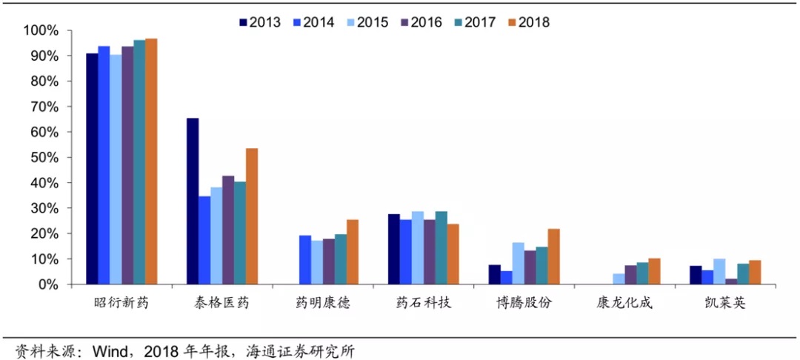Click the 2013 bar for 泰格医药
click(193, 201)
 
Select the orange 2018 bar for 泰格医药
click(252, 216)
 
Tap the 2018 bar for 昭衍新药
click(151, 161)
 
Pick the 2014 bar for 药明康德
click(305, 260)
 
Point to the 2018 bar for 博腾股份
click(553, 257)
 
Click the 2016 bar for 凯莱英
click(731, 281)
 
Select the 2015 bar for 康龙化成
click(619, 279)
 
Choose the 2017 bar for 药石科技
click(441, 248)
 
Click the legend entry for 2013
click(260, 22)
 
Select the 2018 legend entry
click(529, 22)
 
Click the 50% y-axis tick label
click(44, 158)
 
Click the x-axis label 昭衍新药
click(121, 304)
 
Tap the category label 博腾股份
click(524, 304)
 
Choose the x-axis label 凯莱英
click(725, 304)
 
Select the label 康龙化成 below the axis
click(624, 304)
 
